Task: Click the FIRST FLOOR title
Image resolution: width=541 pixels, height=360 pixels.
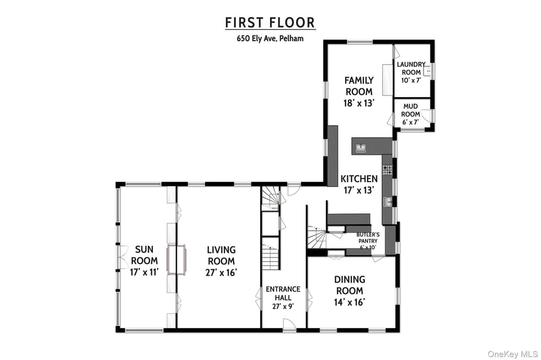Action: [270, 23]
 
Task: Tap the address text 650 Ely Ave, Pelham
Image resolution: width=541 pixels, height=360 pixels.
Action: [270, 39]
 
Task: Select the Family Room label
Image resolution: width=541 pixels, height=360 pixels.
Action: [359, 85]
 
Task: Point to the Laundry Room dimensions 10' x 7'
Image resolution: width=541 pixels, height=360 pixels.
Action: [411, 81]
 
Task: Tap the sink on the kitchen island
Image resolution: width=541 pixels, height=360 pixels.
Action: [361, 148]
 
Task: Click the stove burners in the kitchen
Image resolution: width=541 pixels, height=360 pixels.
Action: [387, 170]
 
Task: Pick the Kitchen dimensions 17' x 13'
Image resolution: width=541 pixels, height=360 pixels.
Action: [359, 190]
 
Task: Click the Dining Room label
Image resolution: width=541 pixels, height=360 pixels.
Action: [349, 285]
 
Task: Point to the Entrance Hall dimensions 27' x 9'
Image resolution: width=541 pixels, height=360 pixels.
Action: [283, 306]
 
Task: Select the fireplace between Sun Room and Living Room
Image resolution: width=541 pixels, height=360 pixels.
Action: [176, 259]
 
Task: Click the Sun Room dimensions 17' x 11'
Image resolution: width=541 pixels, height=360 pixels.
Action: [141, 272]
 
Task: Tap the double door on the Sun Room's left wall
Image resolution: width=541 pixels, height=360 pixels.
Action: [121, 256]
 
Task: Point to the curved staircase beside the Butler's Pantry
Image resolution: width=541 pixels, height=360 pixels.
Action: [317, 237]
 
